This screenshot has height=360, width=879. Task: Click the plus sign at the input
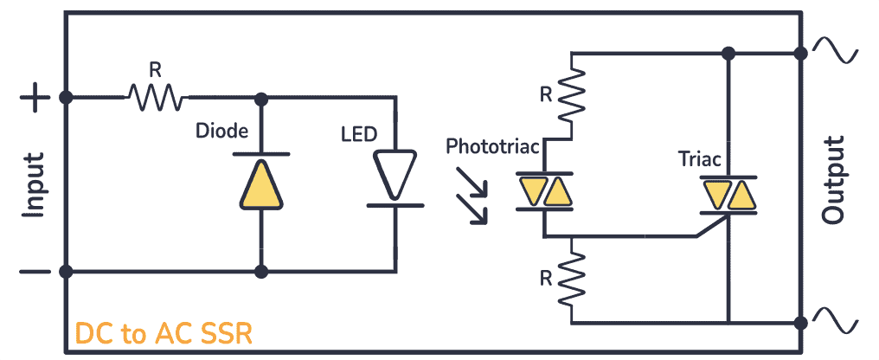(35, 98)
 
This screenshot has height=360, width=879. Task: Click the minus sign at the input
(35, 272)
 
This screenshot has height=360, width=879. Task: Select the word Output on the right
(833, 181)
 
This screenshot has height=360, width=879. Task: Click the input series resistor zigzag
(157, 97)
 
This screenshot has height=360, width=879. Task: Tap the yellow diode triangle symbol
(260, 183)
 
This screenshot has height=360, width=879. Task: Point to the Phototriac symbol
(544, 192)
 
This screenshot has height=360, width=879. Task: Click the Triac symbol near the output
(729, 195)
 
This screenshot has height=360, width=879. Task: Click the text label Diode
(222, 132)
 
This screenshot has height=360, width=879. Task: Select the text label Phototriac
(492, 147)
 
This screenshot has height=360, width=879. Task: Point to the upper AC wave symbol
(843, 53)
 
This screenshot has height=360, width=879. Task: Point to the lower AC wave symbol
(843, 322)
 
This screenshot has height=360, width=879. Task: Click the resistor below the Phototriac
(572, 278)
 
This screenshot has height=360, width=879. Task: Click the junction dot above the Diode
(260, 98)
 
